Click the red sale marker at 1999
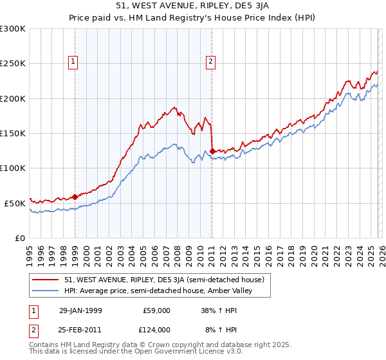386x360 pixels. pyautogui.click(x=75, y=197)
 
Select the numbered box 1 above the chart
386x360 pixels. pyautogui.click(x=73, y=62)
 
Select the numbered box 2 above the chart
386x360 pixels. pyautogui.click(x=210, y=62)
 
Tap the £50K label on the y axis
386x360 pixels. pyautogui.click(x=15, y=203)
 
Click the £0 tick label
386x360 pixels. pyautogui.click(x=19, y=238)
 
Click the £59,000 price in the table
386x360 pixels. pyautogui.click(x=156, y=310)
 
